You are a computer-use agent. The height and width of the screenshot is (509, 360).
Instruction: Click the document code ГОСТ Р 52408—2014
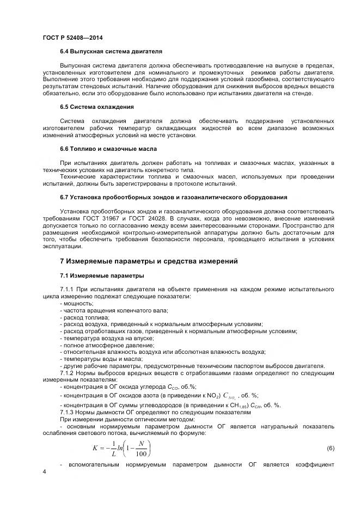[x=72, y=38]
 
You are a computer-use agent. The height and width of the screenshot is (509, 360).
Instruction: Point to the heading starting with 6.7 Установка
[x=173, y=197]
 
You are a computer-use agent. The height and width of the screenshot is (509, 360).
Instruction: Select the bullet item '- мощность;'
[x=77, y=303]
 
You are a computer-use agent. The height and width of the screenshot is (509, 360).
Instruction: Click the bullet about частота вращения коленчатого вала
[x=114, y=310]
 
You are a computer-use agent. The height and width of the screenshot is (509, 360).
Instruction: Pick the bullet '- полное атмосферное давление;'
[x=107, y=345]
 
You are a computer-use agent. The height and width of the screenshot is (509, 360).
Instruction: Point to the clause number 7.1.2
[x=68, y=373]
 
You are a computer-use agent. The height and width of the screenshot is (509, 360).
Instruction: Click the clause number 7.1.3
[x=68, y=412]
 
